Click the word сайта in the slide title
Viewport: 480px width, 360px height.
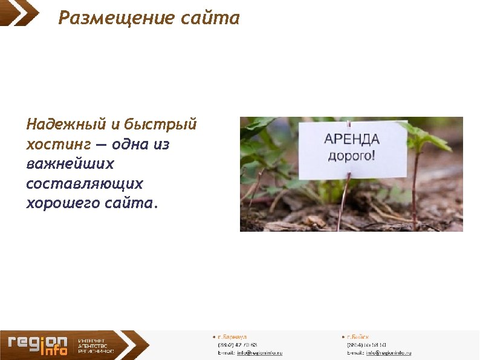pos(210,18)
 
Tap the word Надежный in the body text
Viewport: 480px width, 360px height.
pos(66,125)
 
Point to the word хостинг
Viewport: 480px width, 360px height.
pos(58,145)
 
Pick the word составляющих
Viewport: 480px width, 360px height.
pos(85,183)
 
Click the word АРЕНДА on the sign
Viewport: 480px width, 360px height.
pos(352,139)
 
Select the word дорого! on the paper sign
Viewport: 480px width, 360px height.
pos(351,155)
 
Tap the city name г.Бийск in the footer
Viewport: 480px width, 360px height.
pos(358,336)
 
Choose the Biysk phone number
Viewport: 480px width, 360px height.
pos(366,344)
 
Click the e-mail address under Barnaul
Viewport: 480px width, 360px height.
pos(259,352)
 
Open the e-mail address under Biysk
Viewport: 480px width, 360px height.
pos(388,352)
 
